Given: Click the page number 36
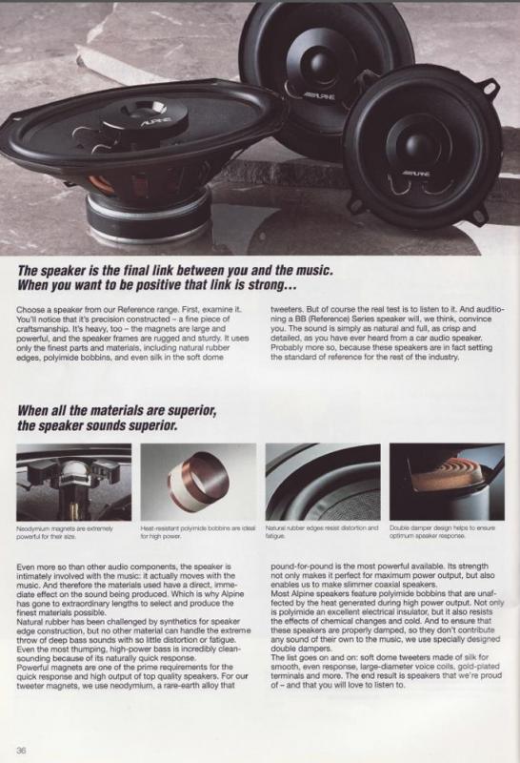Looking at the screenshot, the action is click(21, 750).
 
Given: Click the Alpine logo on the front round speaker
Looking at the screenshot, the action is click(415, 173).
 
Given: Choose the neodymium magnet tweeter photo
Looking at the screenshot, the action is click(74, 482).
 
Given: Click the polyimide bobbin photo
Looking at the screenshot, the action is click(198, 482).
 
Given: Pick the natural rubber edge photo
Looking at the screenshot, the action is click(323, 482).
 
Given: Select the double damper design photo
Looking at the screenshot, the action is click(447, 482).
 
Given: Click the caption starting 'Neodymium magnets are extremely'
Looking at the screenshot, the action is click(65, 532).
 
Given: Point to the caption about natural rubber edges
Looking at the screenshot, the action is click(322, 531).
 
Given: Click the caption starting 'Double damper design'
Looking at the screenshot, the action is click(442, 531).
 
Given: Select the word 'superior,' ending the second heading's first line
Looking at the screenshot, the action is click(191, 411).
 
